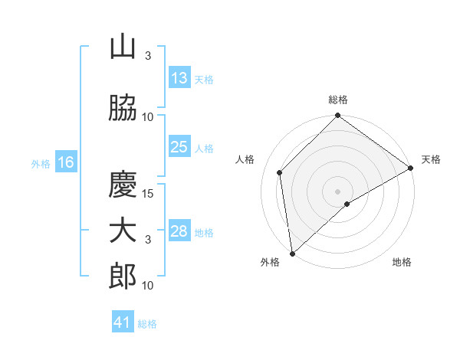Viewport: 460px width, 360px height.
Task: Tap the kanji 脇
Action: tap(123, 107)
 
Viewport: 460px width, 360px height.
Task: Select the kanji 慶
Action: tap(123, 184)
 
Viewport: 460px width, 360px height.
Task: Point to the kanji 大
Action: tap(123, 231)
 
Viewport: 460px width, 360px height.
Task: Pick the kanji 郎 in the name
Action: tap(123, 277)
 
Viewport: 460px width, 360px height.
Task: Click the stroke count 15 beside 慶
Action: tap(147, 194)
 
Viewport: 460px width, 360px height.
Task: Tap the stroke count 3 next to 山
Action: tap(148, 55)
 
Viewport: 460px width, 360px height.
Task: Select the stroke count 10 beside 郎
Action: tap(147, 285)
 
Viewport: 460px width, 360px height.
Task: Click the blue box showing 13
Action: tap(179, 77)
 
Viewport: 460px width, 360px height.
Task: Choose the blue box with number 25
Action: tap(179, 146)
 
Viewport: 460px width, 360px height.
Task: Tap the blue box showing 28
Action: tap(179, 230)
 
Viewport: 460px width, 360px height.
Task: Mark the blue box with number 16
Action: tap(66, 162)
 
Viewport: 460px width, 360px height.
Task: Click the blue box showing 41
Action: tap(123, 321)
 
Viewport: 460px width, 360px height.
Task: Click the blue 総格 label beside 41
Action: tap(147, 324)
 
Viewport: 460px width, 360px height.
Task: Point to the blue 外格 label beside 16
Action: tap(41, 164)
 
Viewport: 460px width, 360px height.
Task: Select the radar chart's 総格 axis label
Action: tap(338, 100)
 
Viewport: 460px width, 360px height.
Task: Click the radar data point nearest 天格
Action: tap(410, 168)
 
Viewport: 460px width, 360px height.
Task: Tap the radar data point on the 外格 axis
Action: tap(292, 254)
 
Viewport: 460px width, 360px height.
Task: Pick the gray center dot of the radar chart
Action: tap(337, 191)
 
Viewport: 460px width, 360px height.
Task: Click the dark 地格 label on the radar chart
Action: tap(402, 262)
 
